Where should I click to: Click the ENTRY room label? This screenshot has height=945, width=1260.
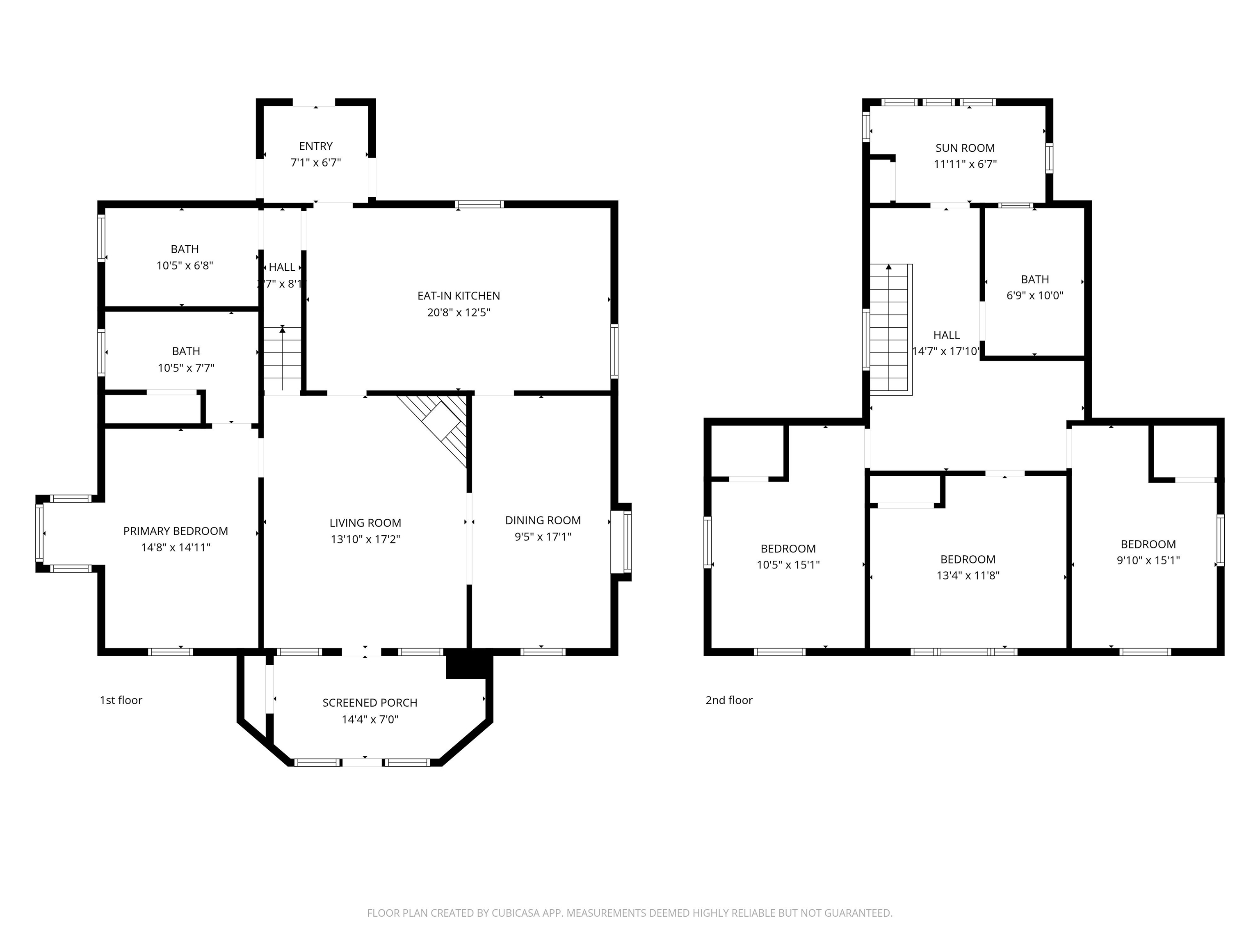click(315, 146)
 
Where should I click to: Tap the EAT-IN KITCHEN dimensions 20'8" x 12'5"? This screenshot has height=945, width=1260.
click(459, 312)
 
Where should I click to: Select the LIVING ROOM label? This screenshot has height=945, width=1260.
click(365, 523)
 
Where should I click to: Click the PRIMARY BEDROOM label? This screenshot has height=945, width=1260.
click(176, 531)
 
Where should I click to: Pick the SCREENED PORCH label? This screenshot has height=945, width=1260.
click(370, 703)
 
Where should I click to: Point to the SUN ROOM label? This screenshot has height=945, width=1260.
click(965, 148)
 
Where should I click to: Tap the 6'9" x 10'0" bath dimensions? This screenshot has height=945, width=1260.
click(1034, 296)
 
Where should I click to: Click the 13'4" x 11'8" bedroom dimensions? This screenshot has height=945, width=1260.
click(968, 575)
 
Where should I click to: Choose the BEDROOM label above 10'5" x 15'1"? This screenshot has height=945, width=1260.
click(788, 548)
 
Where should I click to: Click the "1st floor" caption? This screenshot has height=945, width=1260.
click(121, 700)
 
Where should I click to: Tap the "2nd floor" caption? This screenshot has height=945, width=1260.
click(728, 700)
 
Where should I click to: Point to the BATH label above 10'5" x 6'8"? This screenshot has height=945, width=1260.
click(185, 249)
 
